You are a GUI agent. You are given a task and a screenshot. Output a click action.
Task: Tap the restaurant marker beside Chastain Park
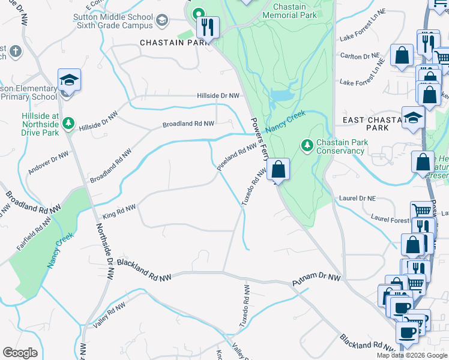point(208,27)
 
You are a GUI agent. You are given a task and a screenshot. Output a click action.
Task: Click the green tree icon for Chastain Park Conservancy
point(307,145)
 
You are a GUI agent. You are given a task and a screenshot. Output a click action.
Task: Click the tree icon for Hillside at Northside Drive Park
point(68,124)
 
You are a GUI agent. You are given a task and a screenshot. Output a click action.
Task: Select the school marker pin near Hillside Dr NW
point(69,80)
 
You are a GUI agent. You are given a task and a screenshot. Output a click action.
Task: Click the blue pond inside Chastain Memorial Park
point(281,95)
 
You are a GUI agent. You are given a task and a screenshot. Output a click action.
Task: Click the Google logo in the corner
point(20,353)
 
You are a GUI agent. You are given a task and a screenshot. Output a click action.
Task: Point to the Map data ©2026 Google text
point(411,355)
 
